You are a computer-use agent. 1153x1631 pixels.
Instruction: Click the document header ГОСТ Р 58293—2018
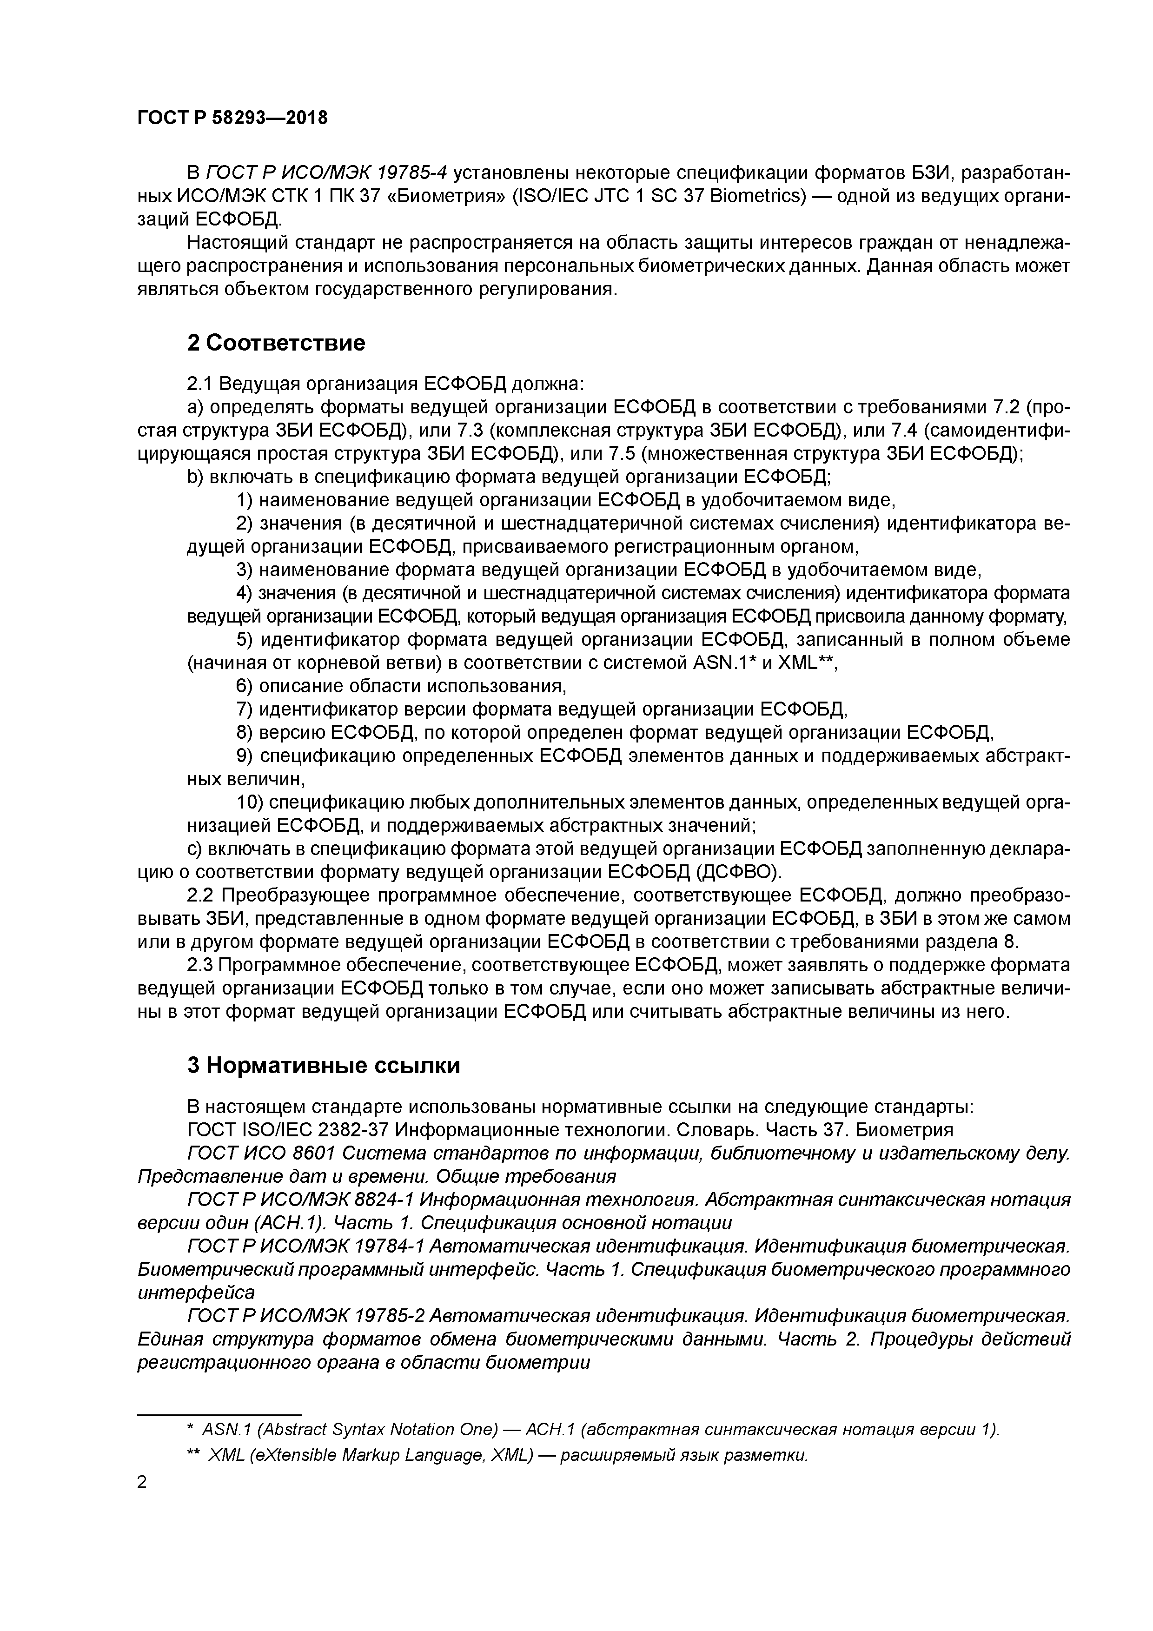pyautogui.click(x=232, y=118)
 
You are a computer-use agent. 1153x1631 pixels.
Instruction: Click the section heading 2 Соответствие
pyautogui.click(x=276, y=343)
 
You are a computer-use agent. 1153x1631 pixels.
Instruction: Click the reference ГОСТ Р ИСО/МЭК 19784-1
pyautogui.click(x=305, y=1246)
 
